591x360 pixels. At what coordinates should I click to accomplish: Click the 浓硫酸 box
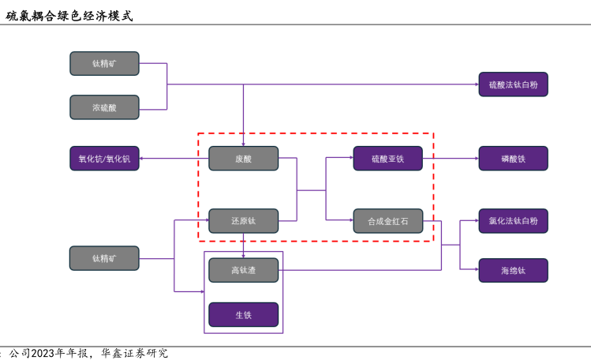(104, 107)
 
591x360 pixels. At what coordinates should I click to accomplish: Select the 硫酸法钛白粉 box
(513, 84)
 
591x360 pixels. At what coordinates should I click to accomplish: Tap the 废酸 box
(243, 159)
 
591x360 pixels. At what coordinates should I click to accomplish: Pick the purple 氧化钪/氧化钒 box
(104, 159)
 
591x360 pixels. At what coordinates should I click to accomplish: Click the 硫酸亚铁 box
(387, 159)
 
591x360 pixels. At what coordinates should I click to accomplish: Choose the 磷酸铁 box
(513, 159)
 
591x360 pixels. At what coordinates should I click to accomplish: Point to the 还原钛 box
(243, 221)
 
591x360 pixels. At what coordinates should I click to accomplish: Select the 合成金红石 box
(387, 221)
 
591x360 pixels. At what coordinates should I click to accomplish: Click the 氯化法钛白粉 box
(513, 221)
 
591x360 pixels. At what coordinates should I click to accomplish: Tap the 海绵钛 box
(513, 271)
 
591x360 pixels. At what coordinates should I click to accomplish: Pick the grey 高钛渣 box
(243, 270)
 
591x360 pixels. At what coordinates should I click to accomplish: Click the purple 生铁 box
(243, 315)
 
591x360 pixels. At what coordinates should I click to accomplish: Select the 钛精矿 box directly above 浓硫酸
(104, 63)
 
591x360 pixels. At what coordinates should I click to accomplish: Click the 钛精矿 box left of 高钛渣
(104, 258)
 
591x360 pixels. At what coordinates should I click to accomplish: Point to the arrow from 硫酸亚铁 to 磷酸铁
(451, 159)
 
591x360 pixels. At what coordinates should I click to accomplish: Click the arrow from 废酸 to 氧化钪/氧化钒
(174, 159)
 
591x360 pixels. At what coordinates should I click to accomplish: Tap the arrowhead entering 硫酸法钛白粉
(475, 84)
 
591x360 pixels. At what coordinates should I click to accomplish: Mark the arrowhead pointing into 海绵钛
(475, 271)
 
